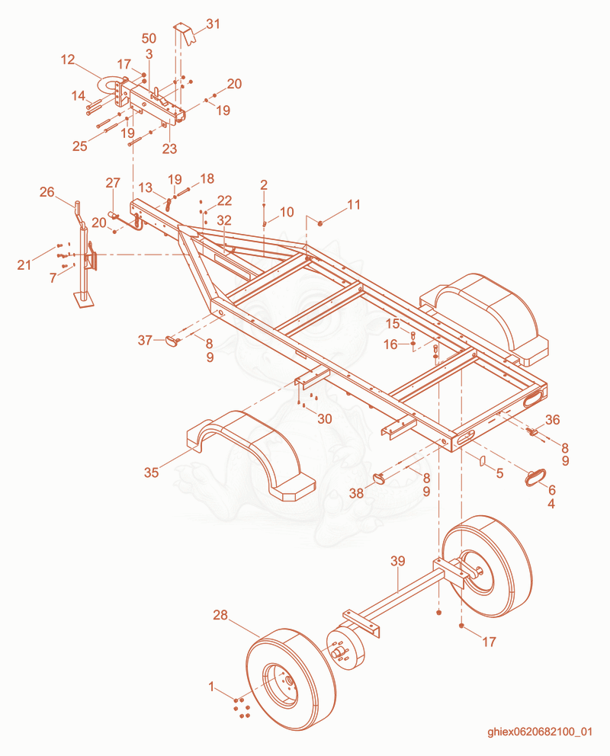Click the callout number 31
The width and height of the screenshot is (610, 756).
click(x=213, y=24)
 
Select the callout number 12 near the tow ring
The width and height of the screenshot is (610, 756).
click(x=68, y=59)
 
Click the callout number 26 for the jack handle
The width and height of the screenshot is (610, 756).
click(x=47, y=192)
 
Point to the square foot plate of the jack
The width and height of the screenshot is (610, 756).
click(x=84, y=299)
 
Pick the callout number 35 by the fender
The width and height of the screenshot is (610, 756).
click(x=152, y=472)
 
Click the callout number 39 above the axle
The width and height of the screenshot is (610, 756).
click(x=398, y=561)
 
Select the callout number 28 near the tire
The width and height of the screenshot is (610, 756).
click(x=220, y=615)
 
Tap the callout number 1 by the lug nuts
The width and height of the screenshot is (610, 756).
click(x=210, y=686)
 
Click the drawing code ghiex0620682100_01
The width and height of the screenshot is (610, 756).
click(x=540, y=732)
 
